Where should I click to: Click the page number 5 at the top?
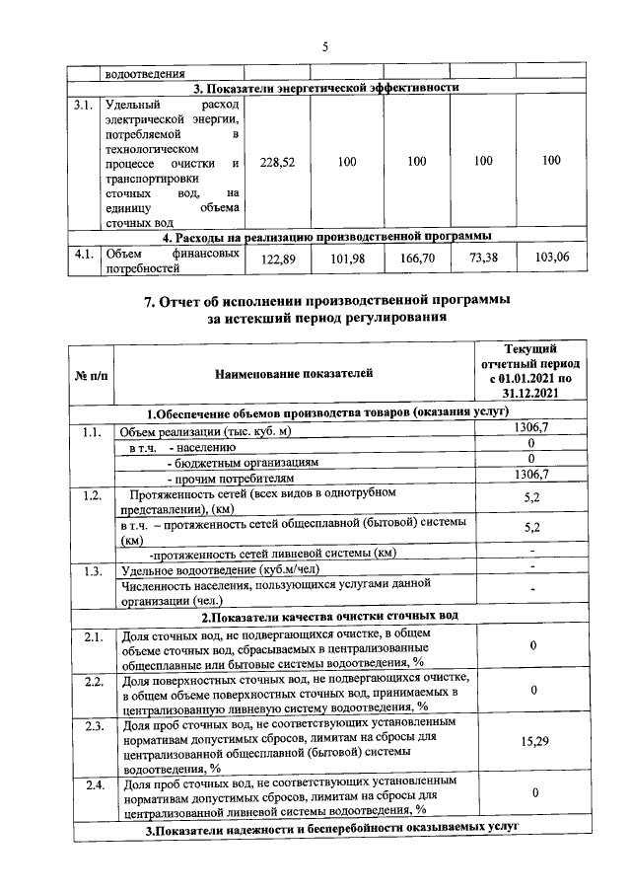coord(324,46)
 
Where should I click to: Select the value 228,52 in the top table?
coord(277,161)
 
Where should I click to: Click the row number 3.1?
coord(84,104)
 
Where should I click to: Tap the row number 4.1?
coord(84,253)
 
